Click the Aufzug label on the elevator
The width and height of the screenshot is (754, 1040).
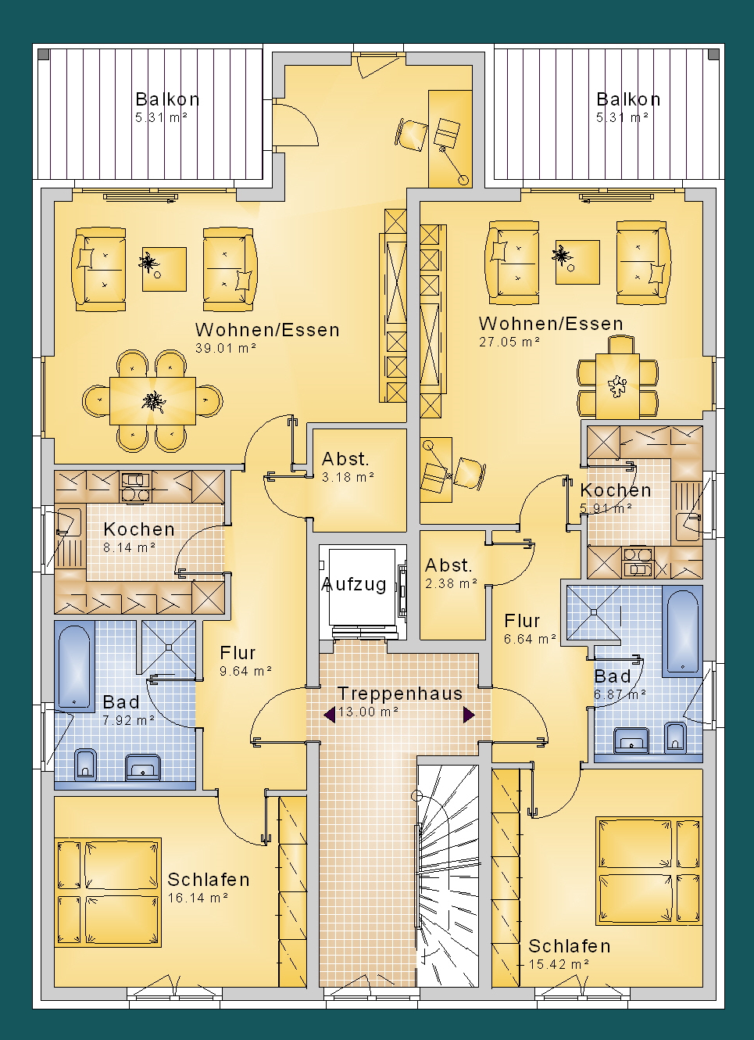pos(354,584)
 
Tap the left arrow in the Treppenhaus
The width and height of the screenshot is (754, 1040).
pos(330,715)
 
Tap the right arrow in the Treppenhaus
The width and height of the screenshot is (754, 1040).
pos(469,715)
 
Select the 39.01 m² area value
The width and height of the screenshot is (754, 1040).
pos(226,348)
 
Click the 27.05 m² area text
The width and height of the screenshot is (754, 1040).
pos(509,342)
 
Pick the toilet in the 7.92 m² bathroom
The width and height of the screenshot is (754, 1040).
pos(85,764)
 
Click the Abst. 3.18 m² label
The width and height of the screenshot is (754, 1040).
pos(348,468)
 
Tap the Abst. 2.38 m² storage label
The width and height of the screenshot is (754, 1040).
pos(451,574)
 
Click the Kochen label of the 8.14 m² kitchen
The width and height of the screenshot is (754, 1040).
pos(139,529)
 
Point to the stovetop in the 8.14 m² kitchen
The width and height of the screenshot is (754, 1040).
pos(136,487)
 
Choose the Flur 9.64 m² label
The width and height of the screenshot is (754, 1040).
pos(246,662)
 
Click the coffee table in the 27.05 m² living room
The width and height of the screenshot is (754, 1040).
pos(577,261)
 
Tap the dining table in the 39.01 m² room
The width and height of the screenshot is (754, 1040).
pos(152,400)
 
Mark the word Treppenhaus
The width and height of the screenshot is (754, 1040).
pos(400,693)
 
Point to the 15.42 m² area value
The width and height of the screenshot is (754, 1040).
pos(559,964)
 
